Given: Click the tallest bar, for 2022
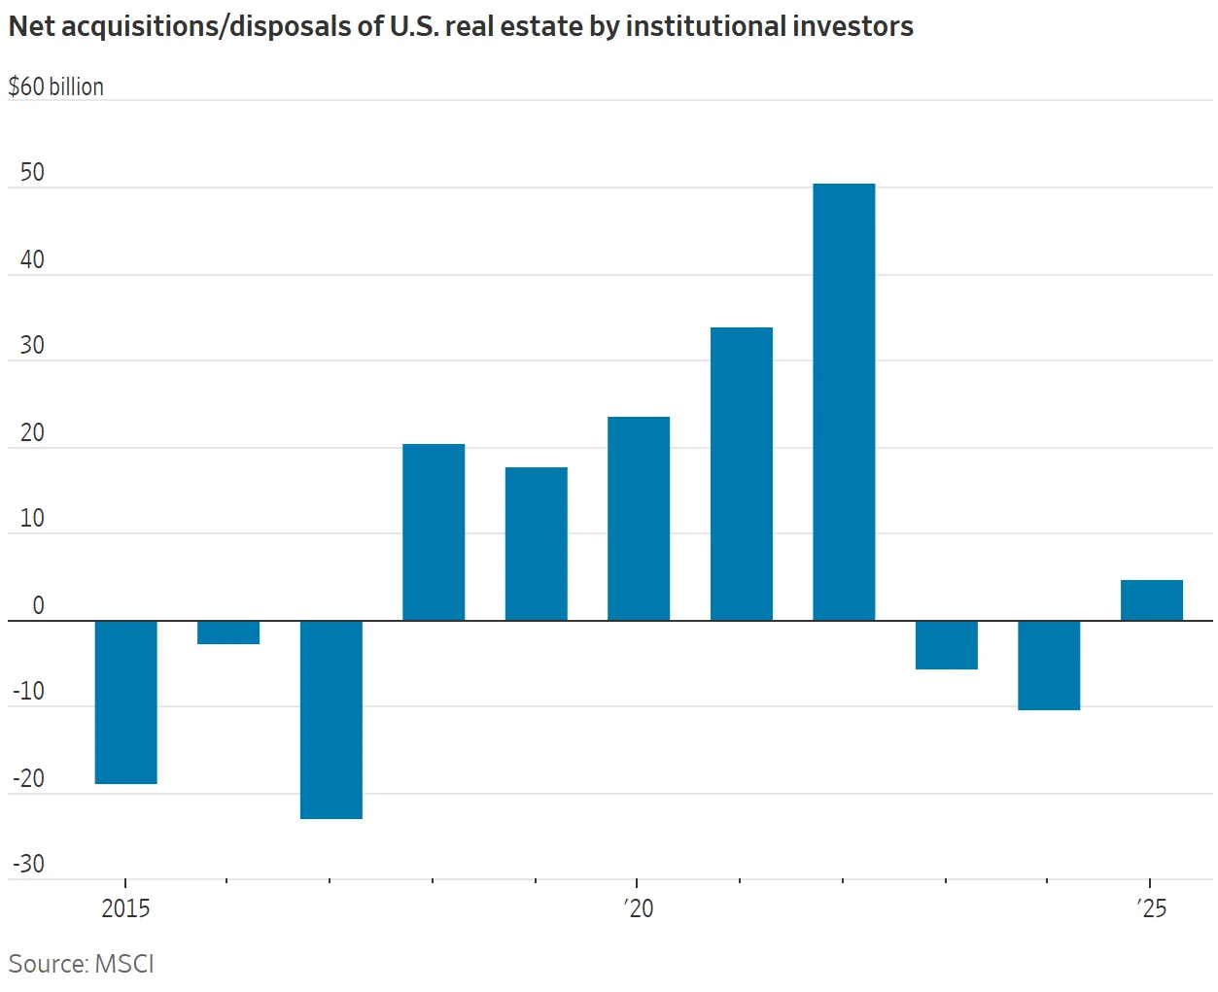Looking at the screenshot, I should pos(844,401).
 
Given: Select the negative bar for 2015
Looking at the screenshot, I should pos(126,701).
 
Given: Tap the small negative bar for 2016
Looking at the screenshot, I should pos(228,633).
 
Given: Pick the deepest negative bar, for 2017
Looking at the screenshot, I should pos(331,719).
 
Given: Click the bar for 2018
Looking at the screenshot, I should pos(434,531).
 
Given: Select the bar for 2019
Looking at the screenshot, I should pos(537,543).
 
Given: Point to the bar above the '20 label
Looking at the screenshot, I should pos(639,518).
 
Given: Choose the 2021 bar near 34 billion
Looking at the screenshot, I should pos(742,473).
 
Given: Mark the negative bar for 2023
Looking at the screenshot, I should pos(947,645).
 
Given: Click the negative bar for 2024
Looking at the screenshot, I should pos(1049,666).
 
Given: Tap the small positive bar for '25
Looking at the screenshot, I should pos(1152,600).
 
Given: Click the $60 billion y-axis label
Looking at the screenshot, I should pos(56,86).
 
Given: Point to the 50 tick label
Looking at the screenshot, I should pos(32,173).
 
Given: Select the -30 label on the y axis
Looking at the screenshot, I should pos(29,864).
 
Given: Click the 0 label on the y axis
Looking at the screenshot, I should pos(38,605).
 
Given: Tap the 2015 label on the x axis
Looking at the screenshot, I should pos(125,908).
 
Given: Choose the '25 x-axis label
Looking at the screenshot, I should pos(1152,908).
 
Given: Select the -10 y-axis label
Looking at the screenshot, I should pos(29,691).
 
